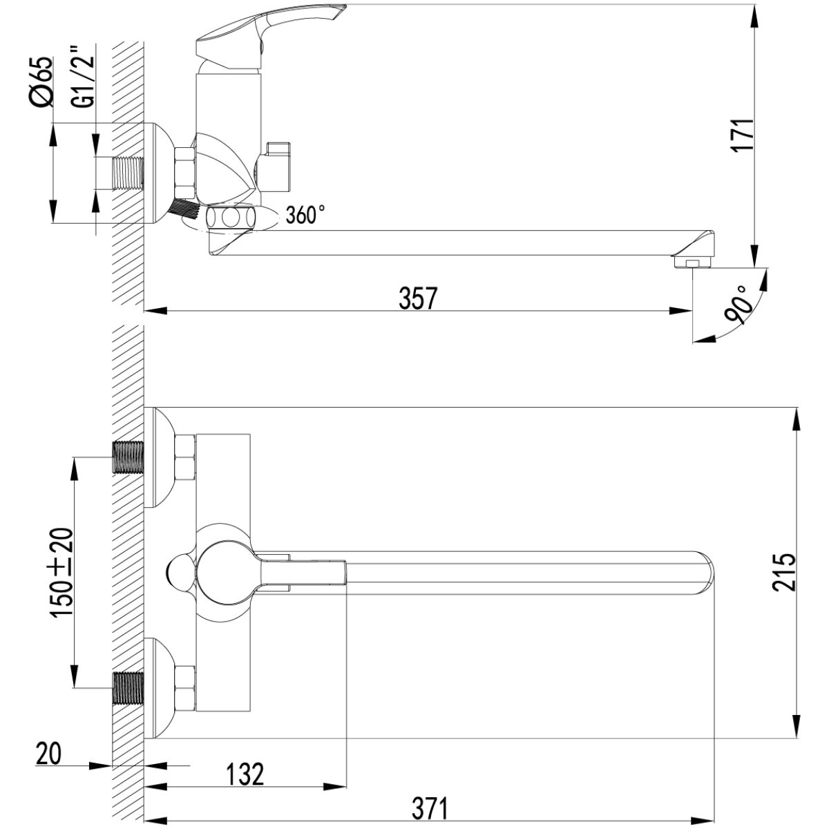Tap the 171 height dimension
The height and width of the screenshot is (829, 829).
(744, 134)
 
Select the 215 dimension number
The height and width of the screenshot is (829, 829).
(783, 572)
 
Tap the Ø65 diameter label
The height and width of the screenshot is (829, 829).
(42, 82)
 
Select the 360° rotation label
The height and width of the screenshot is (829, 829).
(305, 214)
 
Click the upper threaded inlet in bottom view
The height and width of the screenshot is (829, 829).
(127, 457)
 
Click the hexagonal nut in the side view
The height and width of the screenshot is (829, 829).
(185, 173)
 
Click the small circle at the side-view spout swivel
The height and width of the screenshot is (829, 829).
(231, 218)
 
